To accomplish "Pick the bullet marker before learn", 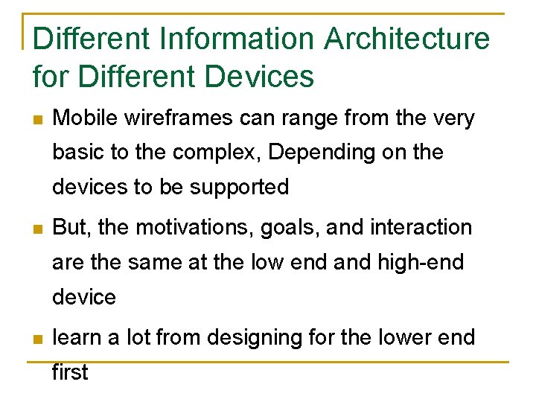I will pos(38,339).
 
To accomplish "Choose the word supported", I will pos(239,188).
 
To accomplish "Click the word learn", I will pos(80,337).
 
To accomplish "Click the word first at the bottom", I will pos(70,371).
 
